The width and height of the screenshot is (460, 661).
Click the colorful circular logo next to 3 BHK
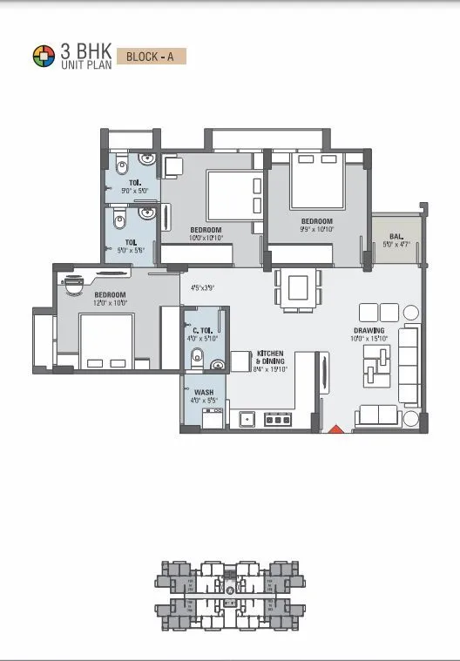click(x=44, y=57)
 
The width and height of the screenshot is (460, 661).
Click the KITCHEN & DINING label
click(x=269, y=356)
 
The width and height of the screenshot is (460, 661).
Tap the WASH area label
click(x=204, y=392)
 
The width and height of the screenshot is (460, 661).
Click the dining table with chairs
click(x=297, y=287)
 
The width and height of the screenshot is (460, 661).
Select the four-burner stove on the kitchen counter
click(x=277, y=419)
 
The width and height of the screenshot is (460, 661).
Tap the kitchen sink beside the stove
click(x=247, y=419)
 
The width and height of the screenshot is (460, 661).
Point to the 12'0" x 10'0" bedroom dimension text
click(x=111, y=303)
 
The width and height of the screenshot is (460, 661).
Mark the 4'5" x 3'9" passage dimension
click(x=202, y=287)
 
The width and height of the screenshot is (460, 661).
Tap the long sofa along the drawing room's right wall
click(x=409, y=365)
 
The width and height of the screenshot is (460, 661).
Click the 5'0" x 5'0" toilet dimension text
click(x=134, y=190)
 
